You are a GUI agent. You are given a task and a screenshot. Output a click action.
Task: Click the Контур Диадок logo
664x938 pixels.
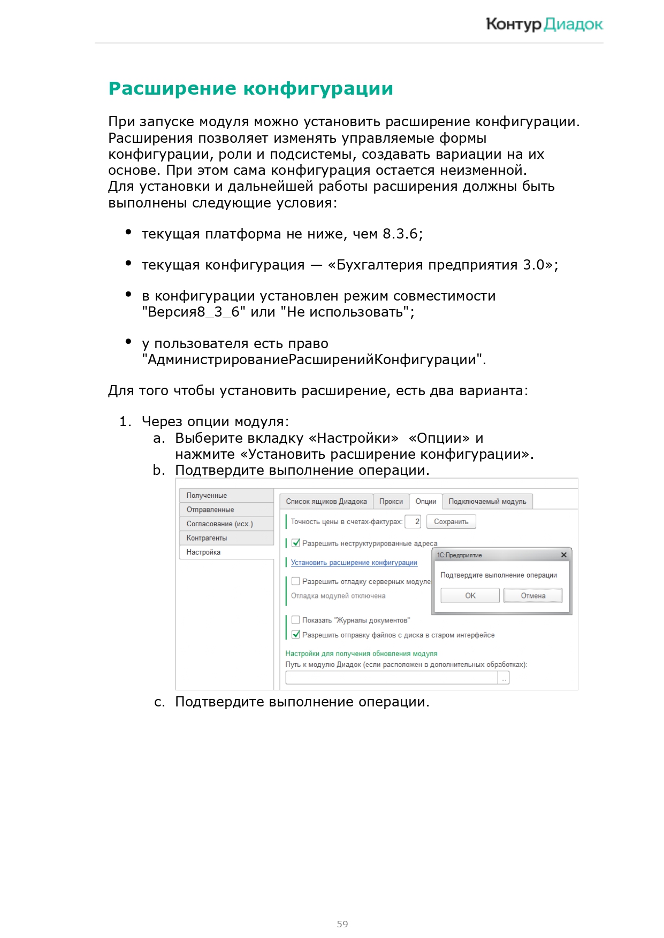(544, 24)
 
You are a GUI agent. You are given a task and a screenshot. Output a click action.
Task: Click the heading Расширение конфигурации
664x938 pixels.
(250, 89)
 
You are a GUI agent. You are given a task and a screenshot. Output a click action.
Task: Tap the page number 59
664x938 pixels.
(342, 924)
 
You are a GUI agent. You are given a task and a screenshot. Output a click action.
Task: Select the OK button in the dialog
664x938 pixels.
(470, 596)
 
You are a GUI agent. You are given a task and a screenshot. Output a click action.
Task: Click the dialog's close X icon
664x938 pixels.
(563, 555)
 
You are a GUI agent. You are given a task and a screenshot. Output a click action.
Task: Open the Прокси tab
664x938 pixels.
(391, 502)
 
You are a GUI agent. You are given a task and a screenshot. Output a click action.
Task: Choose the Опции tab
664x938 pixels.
(426, 502)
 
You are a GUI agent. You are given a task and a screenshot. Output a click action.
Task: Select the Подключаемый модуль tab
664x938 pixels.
(487, 502)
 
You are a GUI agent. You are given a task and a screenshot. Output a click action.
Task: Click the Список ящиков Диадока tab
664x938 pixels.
(326, 502)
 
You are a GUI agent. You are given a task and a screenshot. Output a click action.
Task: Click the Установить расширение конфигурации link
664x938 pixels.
(354, 563)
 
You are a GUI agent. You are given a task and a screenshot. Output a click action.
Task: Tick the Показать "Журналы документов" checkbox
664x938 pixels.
(296, 620)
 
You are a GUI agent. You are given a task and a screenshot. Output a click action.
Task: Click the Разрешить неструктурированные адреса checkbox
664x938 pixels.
(296, 543)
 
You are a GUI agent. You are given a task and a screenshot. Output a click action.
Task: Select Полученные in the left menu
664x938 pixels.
(207, 496)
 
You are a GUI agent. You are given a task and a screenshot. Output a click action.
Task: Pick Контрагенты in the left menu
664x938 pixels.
(207, 538)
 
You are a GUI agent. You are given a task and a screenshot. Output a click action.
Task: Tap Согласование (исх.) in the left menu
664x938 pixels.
(219, 524)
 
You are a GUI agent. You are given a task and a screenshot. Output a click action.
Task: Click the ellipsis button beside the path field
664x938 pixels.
(503, 678)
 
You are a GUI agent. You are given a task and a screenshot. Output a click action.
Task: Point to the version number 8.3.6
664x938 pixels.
(400, 234)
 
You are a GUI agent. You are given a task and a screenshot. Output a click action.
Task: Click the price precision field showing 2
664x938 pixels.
(413, 521)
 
